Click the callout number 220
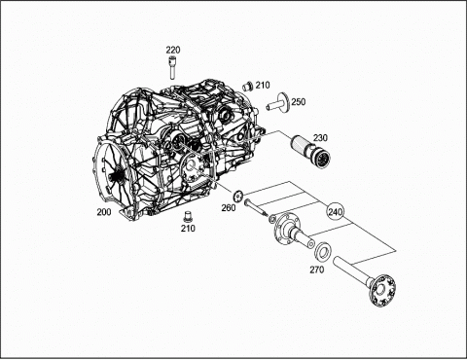coord(173,51)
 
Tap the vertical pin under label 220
coord(171,67)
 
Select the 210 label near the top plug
coord(263,86)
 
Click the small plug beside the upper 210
coord(247,86)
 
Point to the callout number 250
coord(298,102)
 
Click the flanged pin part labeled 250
coord(279,103)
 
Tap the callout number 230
coord(320,138)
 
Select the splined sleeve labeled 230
coord(310,151)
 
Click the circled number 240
coord(335,212)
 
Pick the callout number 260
coord(229,208)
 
